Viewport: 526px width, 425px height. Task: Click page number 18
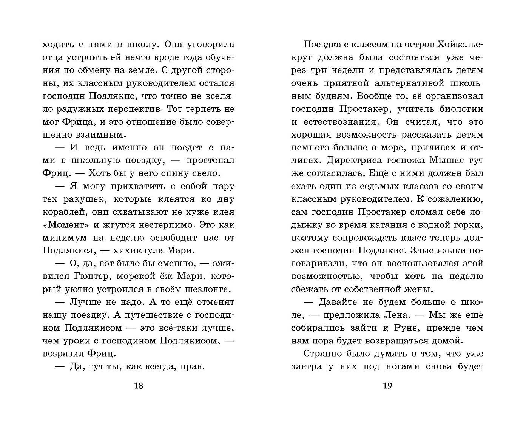tap(139, 386)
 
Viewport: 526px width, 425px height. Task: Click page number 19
tap(387, 386)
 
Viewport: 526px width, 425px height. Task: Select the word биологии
tap(461, 109)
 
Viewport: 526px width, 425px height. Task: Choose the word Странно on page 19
tap(322, 354)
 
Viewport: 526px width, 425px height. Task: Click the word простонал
tap(211, 161)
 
